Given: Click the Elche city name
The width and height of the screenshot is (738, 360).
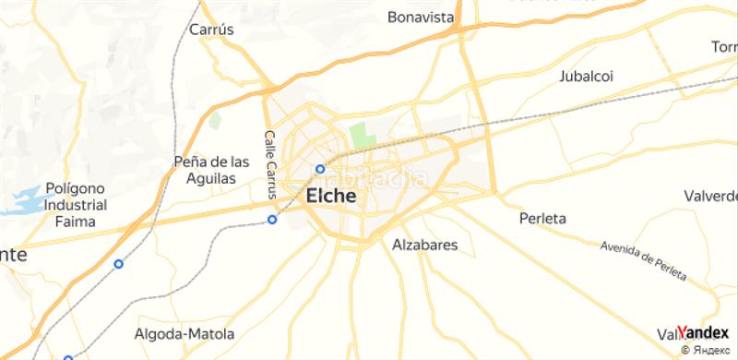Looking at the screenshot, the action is click(330, 197).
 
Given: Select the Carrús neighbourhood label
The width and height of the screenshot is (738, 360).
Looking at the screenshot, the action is click(211, 30).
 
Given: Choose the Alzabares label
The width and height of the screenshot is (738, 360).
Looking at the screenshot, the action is click(425, 246).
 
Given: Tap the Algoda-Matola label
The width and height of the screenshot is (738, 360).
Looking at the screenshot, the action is click(184, 333).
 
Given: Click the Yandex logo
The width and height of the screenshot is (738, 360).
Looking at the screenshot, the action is click(706, 331).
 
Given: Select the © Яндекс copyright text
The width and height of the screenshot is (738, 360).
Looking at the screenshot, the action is click(708, 350).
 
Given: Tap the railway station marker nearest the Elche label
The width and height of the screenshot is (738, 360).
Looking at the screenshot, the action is click(320, 168).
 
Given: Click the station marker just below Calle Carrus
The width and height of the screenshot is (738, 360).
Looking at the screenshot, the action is click(272, 219).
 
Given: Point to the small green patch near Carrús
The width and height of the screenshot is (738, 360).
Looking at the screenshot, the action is click(215, 120).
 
